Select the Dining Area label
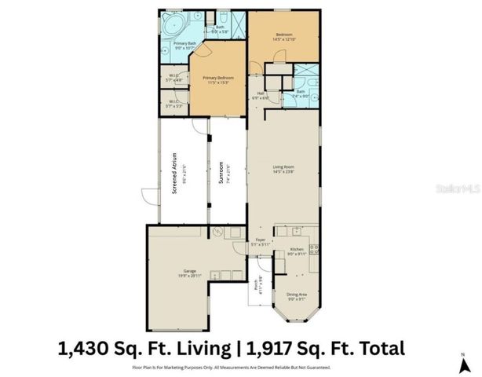(297, 295)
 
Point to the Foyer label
(261, 242)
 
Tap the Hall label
(262, 95)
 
